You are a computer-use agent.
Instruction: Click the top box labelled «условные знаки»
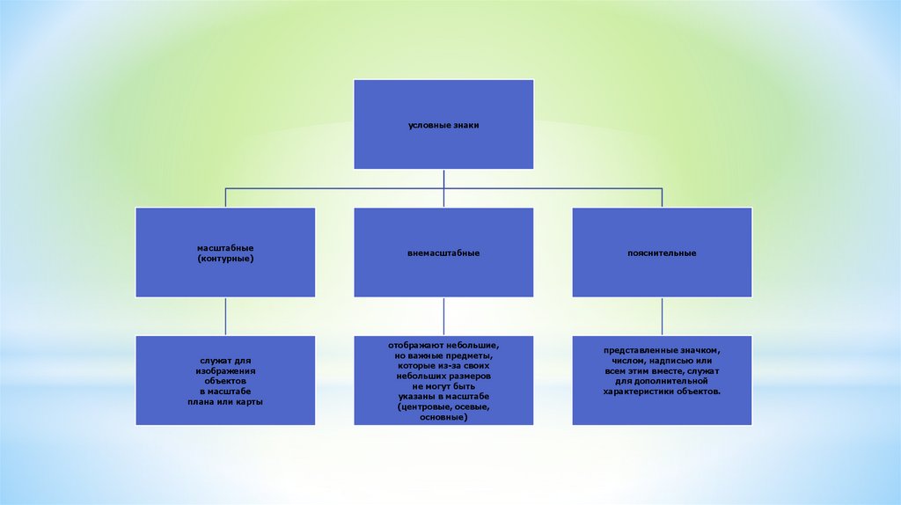(x=443, y=124)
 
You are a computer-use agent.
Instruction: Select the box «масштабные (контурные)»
(x=225, y=252)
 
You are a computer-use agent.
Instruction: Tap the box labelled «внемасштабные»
(x=443, y=252)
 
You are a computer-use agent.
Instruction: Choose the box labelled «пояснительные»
(x=662, y=252)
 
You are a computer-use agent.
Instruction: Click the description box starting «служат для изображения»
(x=225, y=380)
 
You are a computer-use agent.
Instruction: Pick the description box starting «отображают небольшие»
(x=443, y=380)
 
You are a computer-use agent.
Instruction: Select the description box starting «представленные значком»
(x=662, y=380)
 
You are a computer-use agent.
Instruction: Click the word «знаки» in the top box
(x=463, y=125)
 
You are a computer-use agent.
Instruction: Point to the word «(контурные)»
(x=226, y=260)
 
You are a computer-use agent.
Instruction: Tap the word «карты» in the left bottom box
(x=250, y=401)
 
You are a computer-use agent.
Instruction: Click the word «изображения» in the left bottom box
(x=226, y=370)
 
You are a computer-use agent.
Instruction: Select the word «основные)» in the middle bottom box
(x=443, y=417)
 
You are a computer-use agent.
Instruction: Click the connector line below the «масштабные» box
(x=225, y=317)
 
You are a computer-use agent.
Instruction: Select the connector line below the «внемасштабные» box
(x=443, y=317)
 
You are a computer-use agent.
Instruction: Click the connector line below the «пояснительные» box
(x=662, y=317)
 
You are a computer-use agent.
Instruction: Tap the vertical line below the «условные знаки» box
(x=443, y=178)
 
